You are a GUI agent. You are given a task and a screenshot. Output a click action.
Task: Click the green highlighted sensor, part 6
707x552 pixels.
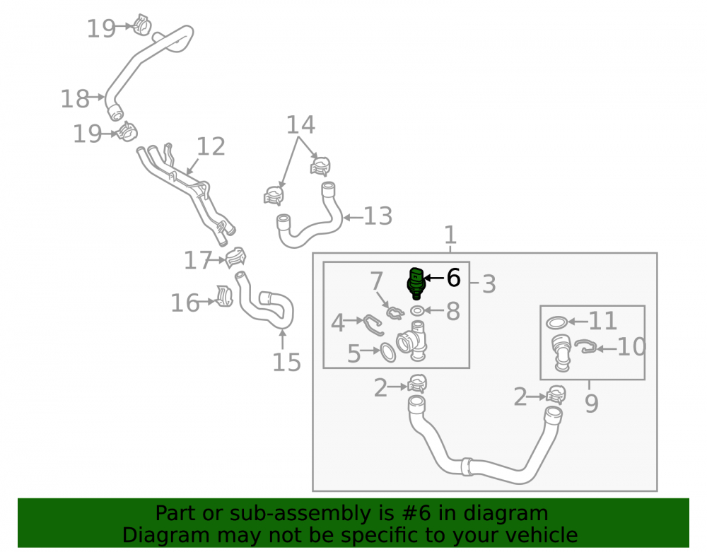[416, 283]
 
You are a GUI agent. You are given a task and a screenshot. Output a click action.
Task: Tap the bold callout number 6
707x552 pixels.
[453, 278]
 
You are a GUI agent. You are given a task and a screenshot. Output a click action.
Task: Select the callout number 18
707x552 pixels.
[75, 99]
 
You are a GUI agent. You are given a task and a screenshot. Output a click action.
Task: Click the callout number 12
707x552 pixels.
[211, 146]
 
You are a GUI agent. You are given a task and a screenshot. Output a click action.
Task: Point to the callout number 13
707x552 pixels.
[378, 216]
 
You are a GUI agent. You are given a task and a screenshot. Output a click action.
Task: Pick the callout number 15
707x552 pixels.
[287, 363]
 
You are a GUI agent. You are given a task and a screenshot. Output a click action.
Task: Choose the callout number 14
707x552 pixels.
[300, 124]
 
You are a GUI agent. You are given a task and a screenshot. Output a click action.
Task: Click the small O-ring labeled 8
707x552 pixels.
[418, 310]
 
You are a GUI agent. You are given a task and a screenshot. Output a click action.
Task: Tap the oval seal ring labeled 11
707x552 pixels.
[557, 322]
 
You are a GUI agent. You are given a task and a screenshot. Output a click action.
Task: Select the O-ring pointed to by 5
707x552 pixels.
[387, 353]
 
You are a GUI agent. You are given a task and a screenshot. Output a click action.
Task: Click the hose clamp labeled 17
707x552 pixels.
[235, 258]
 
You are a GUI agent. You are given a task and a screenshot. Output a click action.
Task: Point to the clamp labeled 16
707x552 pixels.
[224, 296]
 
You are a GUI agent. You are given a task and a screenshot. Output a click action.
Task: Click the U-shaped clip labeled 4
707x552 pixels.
[373, 325]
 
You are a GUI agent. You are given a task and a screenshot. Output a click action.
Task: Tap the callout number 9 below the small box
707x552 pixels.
[592, 403]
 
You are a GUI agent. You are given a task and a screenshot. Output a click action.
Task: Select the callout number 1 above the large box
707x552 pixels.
[450, 235]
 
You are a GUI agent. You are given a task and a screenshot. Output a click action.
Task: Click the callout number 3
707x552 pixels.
[489, 284]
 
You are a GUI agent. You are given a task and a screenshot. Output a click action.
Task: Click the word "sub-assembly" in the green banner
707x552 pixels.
[293, 513]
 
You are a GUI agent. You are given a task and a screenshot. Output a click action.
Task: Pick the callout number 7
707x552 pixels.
[377, 281]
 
